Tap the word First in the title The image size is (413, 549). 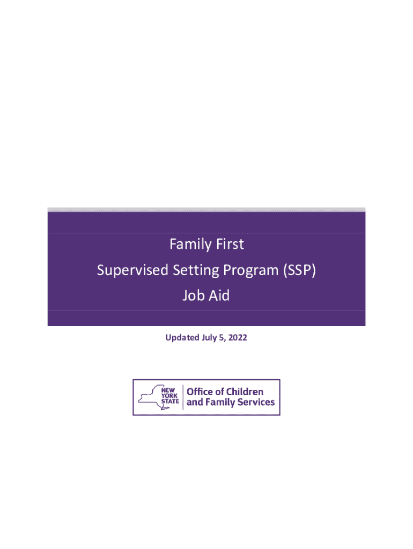[x=227, y=244]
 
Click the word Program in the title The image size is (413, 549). [x=242, y=271]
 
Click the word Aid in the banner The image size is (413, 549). [x=219, y=295]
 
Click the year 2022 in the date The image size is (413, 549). [x=238, y=338]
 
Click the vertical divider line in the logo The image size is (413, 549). [x=183, y=397]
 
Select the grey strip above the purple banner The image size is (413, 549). [x=206, y=210]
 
